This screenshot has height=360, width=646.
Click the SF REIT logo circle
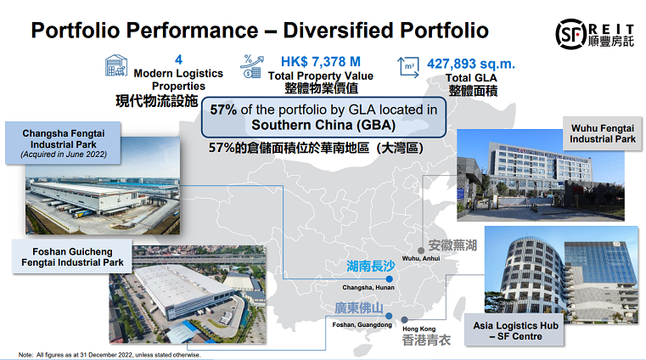[x=571, y=34]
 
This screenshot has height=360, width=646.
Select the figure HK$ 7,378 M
[x=321, y=62]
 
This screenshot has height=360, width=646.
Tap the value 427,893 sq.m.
[x=471, y=64]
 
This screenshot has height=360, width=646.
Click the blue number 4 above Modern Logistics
[x=178, y=59]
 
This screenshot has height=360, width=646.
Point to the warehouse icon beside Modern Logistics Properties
[x=115, y=65]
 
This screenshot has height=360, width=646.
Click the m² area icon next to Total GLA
[x=408, y=67]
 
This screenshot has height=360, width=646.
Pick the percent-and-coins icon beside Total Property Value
[x=252, y=66]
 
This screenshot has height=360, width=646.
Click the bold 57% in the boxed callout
[x=223, y=110]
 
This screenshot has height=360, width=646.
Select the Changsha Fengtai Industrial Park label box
[x=63, y=143]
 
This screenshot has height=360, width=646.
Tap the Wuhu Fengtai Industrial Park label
[x=603, y=133]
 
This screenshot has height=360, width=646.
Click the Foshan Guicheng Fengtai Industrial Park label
[x=72, y=256]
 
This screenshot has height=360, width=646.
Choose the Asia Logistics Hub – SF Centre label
[x=515, y=330]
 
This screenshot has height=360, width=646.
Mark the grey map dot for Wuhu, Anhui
[x=421, y=250]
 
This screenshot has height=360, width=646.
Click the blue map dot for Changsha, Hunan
[x=389, y=279]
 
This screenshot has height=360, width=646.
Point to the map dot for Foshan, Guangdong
[x=389, y=316]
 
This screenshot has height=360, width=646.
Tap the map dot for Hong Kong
[x=405, y=319]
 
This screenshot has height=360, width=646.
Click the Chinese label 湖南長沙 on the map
[x=370, y=266]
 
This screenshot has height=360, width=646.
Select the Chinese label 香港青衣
[x=426, y=340]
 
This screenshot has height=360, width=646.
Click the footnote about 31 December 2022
[x=110, y=355]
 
